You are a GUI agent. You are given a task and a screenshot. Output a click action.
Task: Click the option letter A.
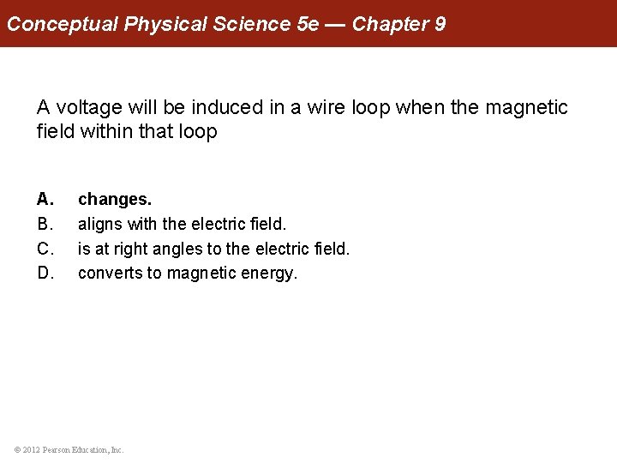pyautogui.click(x=45, y=199)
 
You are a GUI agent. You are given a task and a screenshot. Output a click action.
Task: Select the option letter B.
pyautogui.click(x=45, y=224)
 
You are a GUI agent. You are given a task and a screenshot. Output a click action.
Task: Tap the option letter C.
pyautogui.click(x=45, y=249)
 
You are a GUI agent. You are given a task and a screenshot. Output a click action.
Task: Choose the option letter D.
pyautogui.click(x=45, y=274)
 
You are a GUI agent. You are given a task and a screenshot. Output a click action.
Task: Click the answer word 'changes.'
pyautogui.click(x=115, y=199)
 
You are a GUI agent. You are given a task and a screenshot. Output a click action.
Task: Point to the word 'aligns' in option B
pyautogui.click(x=99, y=224)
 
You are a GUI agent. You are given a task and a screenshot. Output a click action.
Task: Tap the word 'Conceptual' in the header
pyautogui.click(x=63, y=23)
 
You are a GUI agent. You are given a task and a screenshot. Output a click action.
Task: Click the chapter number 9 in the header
pyautogui.click(x=440, y=23)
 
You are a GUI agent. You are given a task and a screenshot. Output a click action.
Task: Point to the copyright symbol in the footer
pyautogui.click(x=19, y=449)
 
